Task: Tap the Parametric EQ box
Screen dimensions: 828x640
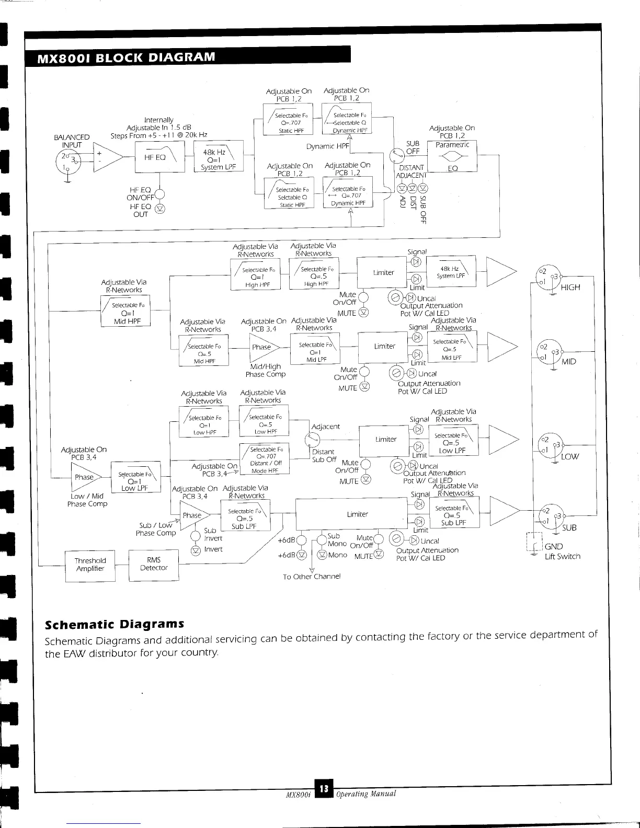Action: pyautogui.click(x=452, y=156)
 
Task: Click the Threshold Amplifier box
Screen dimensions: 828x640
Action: pyautogui.click(x=90, y=565)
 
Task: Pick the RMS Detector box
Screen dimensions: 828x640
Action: pyautogui.click(x=154, y=564)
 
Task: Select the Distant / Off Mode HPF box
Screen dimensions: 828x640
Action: pyautogui.click(x=265, y=459)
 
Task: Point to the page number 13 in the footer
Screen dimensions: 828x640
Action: pyautogui.click(x=324, y=789)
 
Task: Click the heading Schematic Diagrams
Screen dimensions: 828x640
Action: pyautogui.click(x=115, y=624)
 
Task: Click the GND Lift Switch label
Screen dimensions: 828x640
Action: pyautogui.click(x=562, y=551)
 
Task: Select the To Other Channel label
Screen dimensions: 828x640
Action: pyautogui.click(x=312, y=577)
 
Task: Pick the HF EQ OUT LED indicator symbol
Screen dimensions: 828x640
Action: pyautogui.click(x=160, y=209)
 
